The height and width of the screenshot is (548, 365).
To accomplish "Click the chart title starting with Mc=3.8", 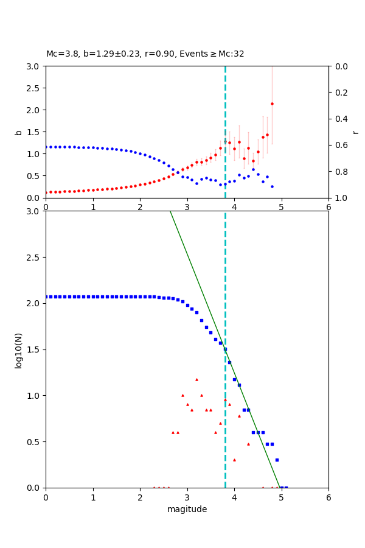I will click(145, 54).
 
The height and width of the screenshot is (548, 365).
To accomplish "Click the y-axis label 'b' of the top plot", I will click(18, 132).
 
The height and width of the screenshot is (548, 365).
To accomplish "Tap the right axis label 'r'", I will click(356, 132).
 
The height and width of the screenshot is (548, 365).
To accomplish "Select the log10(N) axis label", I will click(18, 350).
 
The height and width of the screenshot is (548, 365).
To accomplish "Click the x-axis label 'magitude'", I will click(187, 509).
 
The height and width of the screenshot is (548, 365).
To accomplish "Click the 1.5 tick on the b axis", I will click(35, 132).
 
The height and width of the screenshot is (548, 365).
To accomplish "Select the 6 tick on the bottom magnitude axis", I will click(328, 497).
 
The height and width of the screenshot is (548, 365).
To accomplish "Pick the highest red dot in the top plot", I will click(272, 104).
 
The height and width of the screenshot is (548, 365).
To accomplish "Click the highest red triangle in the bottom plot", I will click(196, 379).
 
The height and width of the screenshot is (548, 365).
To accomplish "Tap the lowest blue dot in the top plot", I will click(272, 186).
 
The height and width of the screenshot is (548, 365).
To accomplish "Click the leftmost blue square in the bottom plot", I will click(46, 297).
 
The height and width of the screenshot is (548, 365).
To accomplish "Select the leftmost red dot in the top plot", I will click(46, 192).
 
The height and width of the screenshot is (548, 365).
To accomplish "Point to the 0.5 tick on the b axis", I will click(35, 176).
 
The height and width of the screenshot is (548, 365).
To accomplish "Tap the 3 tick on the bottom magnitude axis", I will click(187, 497).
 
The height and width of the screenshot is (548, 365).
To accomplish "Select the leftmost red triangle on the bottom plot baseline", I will click(154, 487).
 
